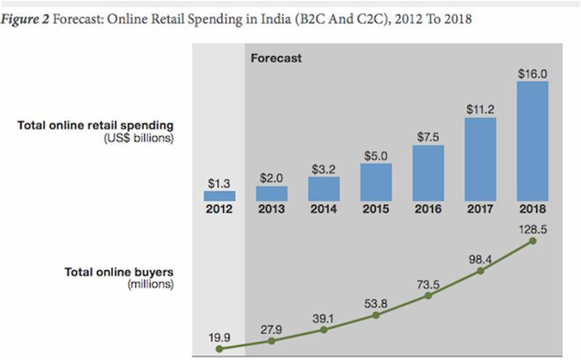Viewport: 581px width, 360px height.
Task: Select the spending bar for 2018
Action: (x=532, y=141)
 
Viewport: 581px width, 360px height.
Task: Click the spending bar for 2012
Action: (x=219, y=196)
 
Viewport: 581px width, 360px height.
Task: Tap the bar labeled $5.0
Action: (x=376, y=181)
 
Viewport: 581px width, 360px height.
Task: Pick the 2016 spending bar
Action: (x=428, y=173)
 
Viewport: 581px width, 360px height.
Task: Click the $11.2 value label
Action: (x=481, y=108)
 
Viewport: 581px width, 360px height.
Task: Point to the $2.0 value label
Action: (x=272, y=178)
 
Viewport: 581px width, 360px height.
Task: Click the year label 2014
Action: (x=324, y=210)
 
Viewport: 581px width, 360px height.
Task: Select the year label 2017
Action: (x=481, y=210)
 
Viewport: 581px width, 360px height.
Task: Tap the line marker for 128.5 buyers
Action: (x=534, y=240)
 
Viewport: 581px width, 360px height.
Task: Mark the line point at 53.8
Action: (x=376, y=315)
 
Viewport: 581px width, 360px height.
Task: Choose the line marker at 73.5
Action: (x=428, y=295)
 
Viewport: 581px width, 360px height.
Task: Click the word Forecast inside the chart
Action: (x=276, y=57)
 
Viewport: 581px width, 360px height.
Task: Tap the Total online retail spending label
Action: (x=95, y=126)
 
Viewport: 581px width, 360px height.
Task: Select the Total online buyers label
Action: (x=119, y=272)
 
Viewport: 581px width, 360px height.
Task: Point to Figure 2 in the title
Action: (x=25, y=20)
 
